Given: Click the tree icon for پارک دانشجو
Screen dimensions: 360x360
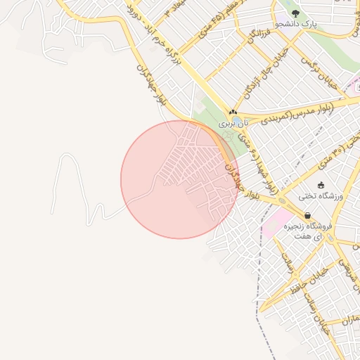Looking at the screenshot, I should (x=295, y=13).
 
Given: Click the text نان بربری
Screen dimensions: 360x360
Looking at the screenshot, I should (x=233, y=122).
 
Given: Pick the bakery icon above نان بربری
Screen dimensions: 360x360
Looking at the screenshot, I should (x=233, y=112).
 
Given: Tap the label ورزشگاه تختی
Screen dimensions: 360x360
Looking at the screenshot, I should (x=320, y=196).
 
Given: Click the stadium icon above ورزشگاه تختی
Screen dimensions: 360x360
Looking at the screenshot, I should (x=321, y=186).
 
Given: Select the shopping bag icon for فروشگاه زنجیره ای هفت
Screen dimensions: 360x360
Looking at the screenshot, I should (x=308, y=216).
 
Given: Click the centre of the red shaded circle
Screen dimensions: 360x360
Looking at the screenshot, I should (x=179, y=179).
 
